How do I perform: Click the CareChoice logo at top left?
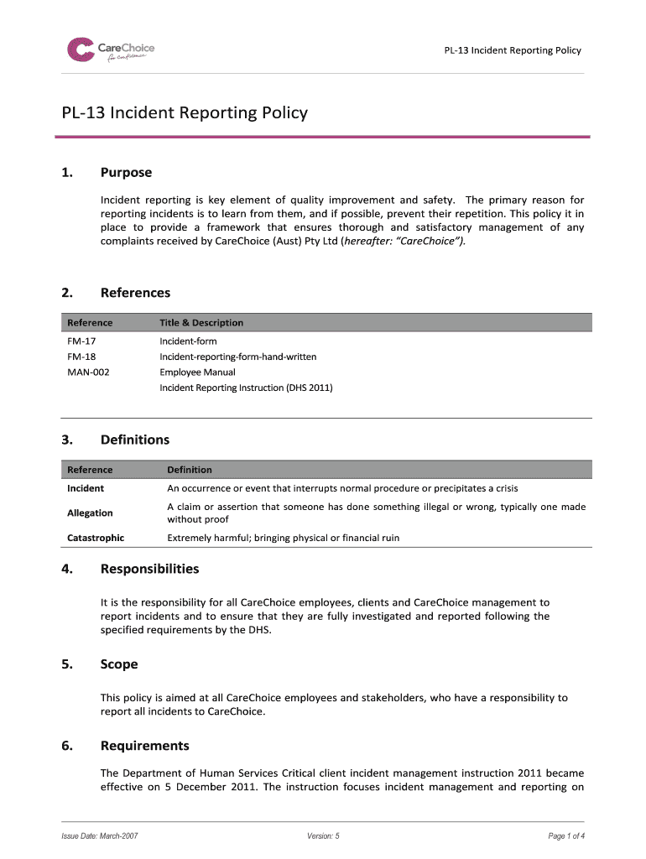[x=111, y=49]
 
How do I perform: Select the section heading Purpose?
[x=126, y=173]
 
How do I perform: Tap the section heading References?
[x=135, y=293]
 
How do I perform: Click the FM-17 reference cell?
[x=81, y=341]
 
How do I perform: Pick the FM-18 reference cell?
[x=81, y=357]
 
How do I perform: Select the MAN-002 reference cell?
[x=87, y=372]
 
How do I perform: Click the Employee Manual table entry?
[x=197, y=372]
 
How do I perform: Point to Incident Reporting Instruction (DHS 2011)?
[x=246, y=388]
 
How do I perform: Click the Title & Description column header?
[x=201, y=323]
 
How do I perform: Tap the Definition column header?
[x=190, y=470]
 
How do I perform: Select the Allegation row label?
[x=90, y=513]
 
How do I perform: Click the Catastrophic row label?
[x=95, y=538]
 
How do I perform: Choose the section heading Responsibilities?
[x=149, y=569]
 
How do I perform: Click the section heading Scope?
[x=119, y=664]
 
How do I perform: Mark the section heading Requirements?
[x=144, y=746]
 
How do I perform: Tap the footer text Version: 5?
[x=324, y=836]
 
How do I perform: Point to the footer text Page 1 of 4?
[x=566, y=836]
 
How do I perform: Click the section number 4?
[x=65, y=569]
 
